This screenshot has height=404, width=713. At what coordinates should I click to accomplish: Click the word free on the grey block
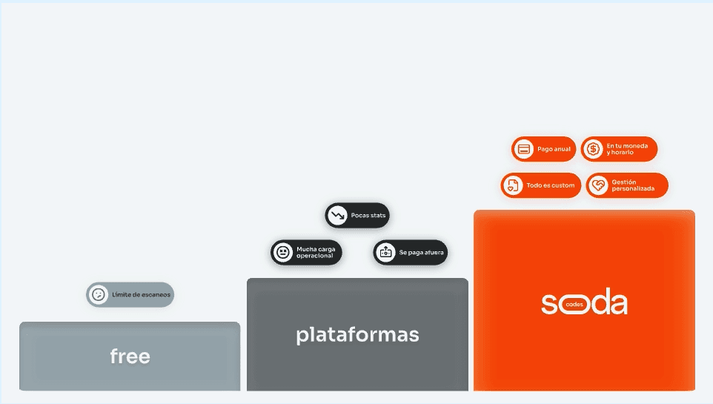click(130, 357)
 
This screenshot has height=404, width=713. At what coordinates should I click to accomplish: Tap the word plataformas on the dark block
click(357, 335)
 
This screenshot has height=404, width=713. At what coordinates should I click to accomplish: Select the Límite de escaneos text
click(141, 295)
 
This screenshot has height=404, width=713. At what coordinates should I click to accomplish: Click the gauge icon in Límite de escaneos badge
click(98, 295)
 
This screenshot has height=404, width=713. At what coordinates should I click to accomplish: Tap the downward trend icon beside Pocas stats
click(337, 216)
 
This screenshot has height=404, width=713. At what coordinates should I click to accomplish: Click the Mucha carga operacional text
click(316, 253)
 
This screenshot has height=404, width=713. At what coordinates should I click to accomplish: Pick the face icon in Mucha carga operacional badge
click(282, 253)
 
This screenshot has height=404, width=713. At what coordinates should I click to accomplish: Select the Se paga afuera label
click(421, 253)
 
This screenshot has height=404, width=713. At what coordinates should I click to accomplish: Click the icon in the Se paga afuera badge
click(385, 253)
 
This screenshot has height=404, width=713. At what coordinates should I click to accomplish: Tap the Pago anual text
click(554, 149)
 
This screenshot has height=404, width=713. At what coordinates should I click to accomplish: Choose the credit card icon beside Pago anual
click(523, 149)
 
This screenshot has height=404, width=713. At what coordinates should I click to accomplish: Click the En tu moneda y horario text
click(627, 149)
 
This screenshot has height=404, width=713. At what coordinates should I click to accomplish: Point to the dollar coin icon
click(593, 149)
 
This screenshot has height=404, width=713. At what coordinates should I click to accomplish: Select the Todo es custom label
click(550, 185)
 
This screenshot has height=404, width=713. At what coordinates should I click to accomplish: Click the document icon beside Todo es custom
click(513, 185)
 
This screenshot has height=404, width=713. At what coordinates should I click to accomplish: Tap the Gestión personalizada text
click(633, 185)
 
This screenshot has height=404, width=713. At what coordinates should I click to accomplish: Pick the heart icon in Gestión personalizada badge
click(598, 185)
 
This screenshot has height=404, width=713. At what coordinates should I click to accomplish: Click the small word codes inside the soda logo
click(574, 305)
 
